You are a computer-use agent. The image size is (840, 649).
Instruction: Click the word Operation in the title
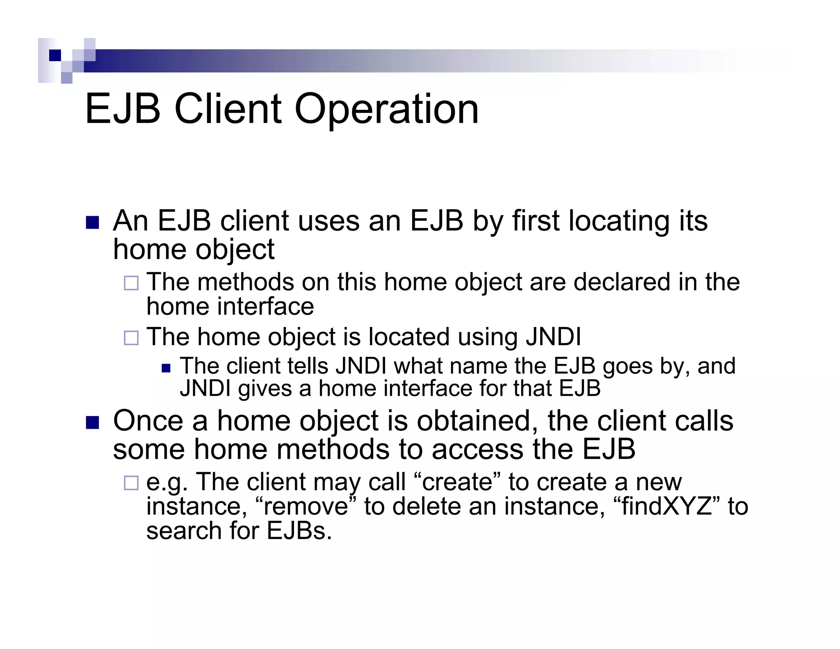point(386,110)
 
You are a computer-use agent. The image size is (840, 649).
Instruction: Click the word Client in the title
point(228,109)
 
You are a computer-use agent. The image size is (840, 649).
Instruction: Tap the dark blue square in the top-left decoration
point(55,55)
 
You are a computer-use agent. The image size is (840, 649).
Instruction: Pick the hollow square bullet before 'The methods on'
point(131,283)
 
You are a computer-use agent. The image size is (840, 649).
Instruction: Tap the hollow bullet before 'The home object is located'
point(131,338)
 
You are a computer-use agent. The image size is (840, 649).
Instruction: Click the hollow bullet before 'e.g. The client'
point(131,483)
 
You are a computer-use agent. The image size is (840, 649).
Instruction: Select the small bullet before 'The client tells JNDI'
point(166,368)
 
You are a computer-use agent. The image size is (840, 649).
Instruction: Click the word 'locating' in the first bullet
point(616,222)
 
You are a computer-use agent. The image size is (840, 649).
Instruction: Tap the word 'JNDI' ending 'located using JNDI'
point(553,337)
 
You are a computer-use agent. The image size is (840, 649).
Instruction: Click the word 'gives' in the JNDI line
point(265,388)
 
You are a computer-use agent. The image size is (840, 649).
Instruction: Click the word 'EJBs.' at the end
point(299,531)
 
